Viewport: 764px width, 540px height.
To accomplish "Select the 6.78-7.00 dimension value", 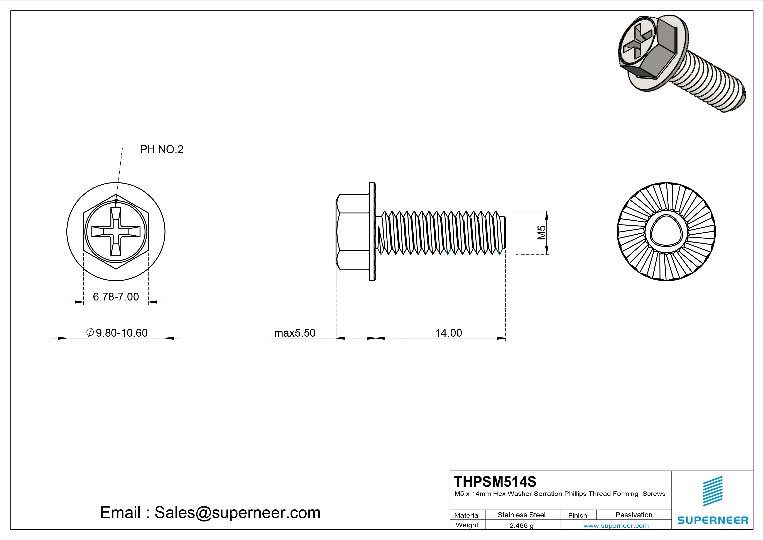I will (116, 296).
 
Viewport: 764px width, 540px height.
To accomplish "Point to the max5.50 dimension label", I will (294, 333).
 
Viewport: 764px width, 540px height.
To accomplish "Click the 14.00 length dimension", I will (449, 333).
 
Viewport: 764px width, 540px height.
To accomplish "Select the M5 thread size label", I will (542, 233).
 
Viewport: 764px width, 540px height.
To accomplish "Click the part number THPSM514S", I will (495, 481).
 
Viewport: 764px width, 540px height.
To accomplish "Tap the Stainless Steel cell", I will (521, 515).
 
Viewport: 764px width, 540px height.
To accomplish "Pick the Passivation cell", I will (634, 515).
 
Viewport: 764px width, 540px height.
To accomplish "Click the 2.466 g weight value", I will (521, 526).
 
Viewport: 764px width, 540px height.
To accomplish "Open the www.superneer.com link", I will (616, 526).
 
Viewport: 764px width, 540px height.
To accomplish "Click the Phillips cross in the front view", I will (116, 232).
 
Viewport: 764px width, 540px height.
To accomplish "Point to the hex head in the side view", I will (353, 232).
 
